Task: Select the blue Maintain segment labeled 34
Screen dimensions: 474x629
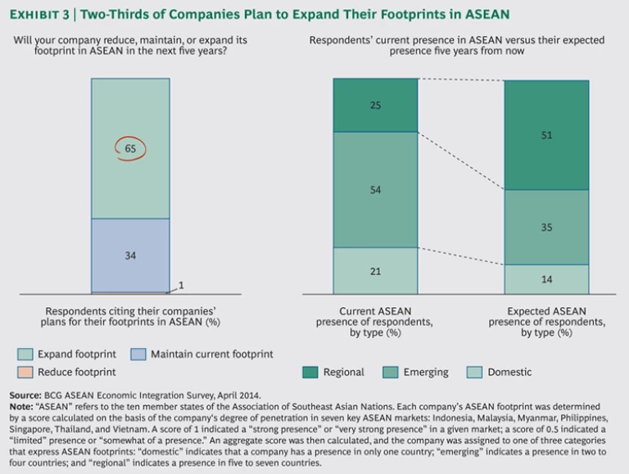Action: [x=130, y=255]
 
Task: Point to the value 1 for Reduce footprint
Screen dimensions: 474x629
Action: [x=181, y=285]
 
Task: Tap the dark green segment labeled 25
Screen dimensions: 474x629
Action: [x=375, y=105]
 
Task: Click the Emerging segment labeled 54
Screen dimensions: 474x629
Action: [x=375, y=189]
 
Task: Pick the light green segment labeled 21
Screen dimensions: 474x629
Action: [x=375, y=270]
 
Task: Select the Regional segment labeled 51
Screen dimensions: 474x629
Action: [x=546, y=135]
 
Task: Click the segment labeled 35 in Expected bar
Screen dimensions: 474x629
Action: [x=546, y=227]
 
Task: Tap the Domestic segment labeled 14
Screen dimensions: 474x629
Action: [x=546, y=279]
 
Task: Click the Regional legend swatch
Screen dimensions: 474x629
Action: [x=310, y=372]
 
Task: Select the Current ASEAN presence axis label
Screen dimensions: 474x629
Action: [x=375, y=323]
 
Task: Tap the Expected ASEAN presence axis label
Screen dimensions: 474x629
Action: [x=546, y=323]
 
